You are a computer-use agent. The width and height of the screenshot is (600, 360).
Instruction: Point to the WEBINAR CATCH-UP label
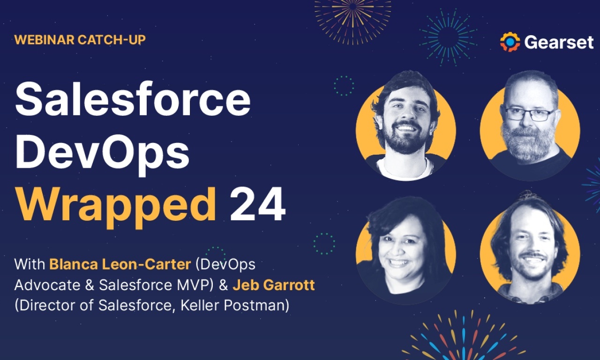(x=80, y=40)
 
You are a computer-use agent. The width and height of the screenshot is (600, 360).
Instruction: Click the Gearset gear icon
(x=510, y=42)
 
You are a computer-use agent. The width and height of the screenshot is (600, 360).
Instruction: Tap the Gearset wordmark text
(x=559, y=42)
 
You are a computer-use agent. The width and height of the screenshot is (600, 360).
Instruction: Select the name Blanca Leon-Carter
(x=120, y=264)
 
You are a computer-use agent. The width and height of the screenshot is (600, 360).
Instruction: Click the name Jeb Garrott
(x=274, y=285)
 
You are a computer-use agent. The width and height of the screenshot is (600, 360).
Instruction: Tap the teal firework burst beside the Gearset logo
(x=448, y=37)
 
